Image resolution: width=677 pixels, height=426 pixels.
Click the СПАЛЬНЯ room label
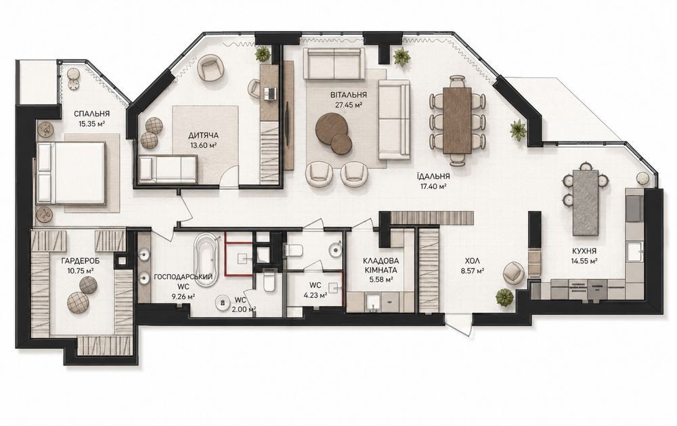[91, 114]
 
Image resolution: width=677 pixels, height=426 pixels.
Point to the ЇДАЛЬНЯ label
[433, 176]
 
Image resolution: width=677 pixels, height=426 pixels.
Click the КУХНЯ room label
[585, 251]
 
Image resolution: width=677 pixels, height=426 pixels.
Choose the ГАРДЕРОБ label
[77, 261]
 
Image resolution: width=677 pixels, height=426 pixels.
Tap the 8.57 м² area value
[472, 271]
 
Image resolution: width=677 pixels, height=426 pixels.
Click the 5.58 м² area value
[380, 280]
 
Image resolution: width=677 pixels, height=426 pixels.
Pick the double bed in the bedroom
[71, 173]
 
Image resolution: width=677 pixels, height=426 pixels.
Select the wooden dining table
[457, 120]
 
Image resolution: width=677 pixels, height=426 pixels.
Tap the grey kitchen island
[586, 203]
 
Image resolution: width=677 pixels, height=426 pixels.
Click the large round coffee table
[331, 128]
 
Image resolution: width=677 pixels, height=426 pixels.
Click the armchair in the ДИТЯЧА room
[211, 68]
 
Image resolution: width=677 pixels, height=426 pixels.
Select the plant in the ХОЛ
[504, 298]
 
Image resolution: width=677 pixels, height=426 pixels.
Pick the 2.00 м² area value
[245, 309]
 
